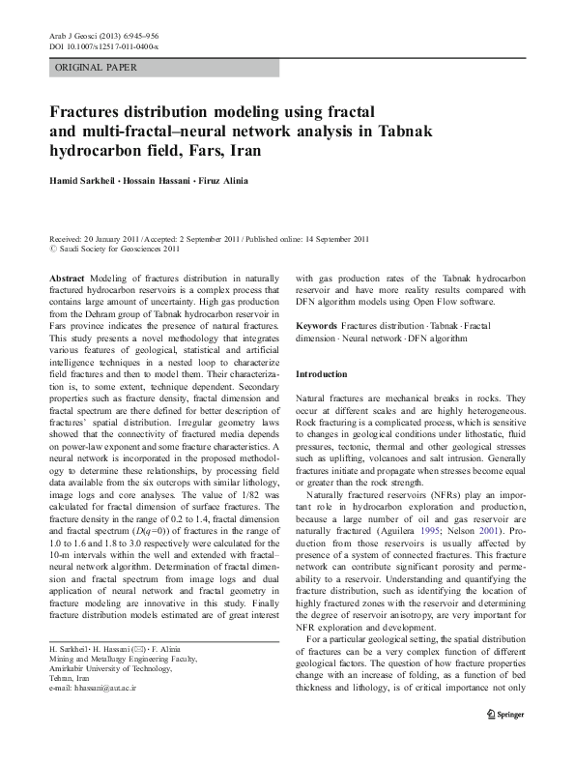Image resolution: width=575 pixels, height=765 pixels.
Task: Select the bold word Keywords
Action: point(316,328)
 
